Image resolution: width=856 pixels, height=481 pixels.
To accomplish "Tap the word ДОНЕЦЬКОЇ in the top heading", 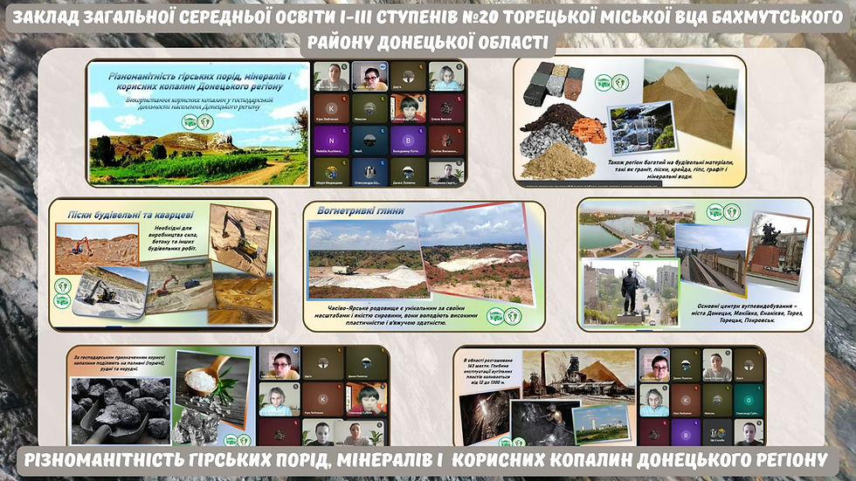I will pos(441,43).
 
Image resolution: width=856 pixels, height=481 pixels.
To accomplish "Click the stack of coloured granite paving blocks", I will pos(559,81).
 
